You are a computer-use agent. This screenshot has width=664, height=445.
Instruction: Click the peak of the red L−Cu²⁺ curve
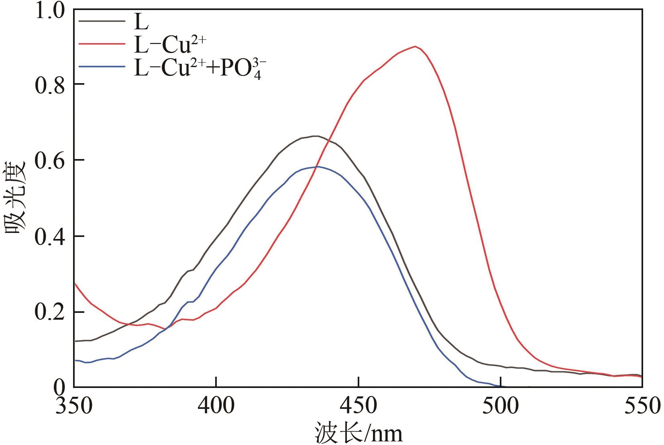coord(415,46)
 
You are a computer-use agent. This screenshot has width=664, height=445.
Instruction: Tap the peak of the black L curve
coord(316,136)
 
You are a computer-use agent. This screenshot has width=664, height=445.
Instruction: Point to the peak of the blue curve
coord(318,166)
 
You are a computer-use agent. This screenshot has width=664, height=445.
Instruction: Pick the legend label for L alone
coord(141,23)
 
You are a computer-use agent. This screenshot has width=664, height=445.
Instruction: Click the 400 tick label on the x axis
coord(216,406)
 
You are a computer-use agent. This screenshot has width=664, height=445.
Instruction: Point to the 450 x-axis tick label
coord(358,406)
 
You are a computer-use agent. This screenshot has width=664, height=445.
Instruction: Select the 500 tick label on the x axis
coord(500,406)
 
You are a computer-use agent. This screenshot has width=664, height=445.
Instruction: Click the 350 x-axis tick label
coord(75,406)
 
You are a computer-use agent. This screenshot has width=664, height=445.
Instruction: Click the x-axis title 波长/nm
coord(358,433)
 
